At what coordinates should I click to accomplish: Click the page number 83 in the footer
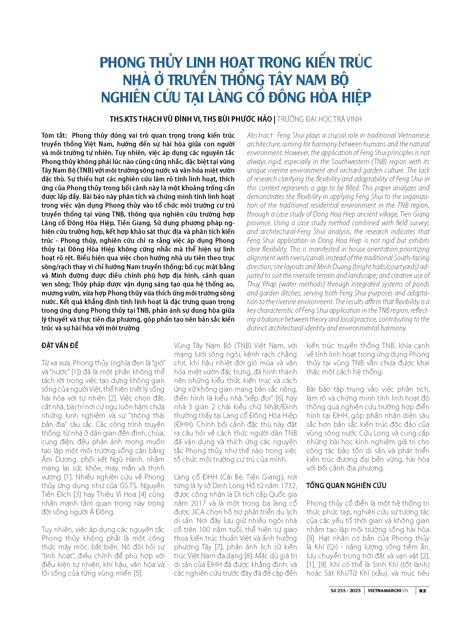(x=422, y=591)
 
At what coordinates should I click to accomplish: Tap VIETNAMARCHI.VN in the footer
(x=388, y=591)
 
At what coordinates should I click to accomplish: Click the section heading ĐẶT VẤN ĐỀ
(x=60, y=345)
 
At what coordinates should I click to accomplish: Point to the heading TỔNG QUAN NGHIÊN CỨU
(x=346, y=485)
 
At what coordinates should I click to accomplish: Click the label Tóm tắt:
(x=54, y=135)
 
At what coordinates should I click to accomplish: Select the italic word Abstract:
(x=260, y=135)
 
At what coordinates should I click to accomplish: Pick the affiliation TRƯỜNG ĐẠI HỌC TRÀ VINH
(x=319, y=119)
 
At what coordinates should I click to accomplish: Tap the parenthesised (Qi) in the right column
(x=332, y=547)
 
